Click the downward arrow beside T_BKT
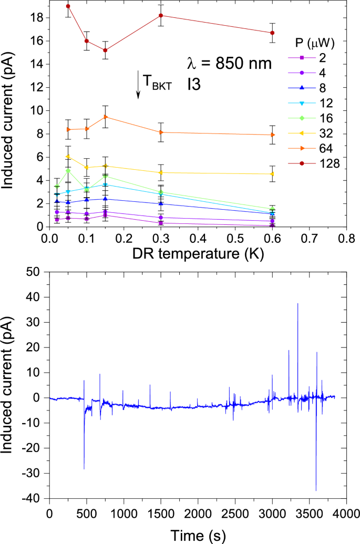pyautogui.click(x=138, y=85)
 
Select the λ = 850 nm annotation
pyautogui.click(x=230, y=64)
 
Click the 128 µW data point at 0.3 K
pyautogui.click(x=161, y=15)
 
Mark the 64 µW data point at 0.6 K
pyautogui.click(x=272, y=135)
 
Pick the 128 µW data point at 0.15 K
pyautogui.click(x=105, y=50)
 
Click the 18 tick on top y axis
pyautogui.click(x=36, y=18)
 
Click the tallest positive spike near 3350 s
pyautogui.click(x=297, y=304)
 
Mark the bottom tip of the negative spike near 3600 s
pyautogui.click(x=316, y=490)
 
